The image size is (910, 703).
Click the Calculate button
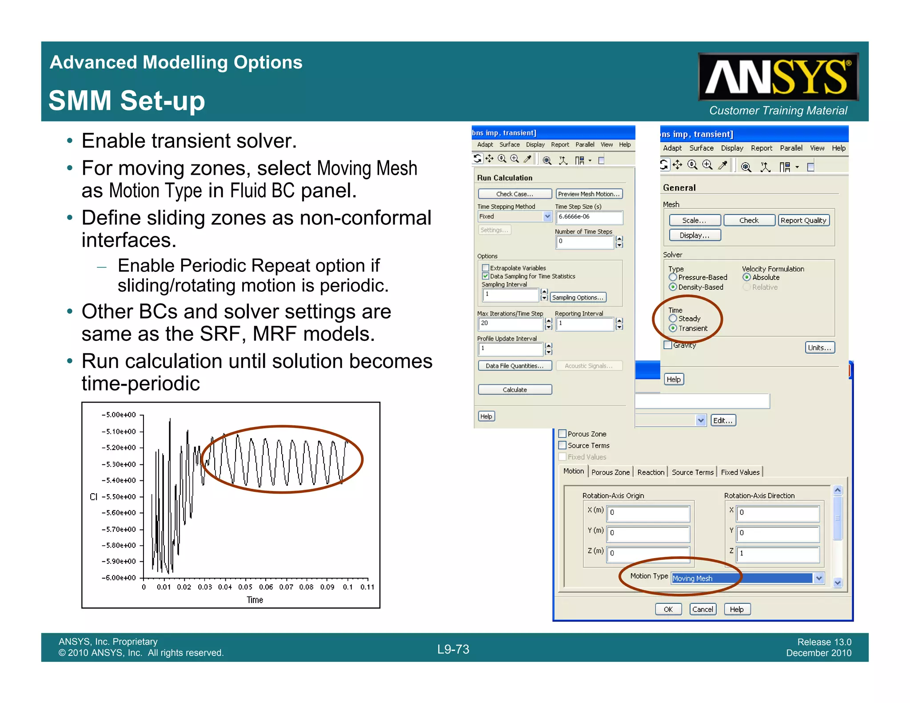[515, 390]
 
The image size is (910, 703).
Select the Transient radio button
[673, 328]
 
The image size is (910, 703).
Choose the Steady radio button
[673, 319]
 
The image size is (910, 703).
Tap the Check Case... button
[515, 194]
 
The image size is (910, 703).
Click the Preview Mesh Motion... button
[589, 194]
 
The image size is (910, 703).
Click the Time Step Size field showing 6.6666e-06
[589, 217]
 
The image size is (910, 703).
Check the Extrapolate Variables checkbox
[486, 268]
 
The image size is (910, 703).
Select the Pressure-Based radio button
[673, 277]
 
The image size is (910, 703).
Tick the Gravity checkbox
[667, 345]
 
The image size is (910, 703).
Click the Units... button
[819, 348]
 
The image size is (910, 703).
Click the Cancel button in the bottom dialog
[702, 609]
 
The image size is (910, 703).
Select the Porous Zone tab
[611, 472]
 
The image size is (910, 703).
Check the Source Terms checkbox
[563, 445]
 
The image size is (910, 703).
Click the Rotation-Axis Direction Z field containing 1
[777, 553]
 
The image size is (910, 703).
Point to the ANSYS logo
[778, 77]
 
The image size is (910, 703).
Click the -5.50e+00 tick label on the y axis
[119, 497]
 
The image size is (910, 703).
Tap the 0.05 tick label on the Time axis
[245, 587]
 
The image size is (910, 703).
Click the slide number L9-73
[453, 649]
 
